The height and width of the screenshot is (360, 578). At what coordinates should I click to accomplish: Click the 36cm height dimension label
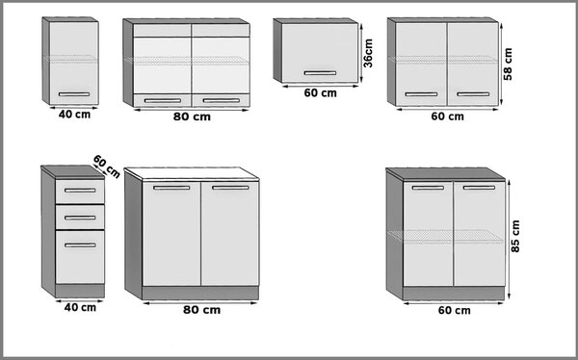(368, 54)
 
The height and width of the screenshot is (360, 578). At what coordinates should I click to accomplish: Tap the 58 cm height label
(508, 64)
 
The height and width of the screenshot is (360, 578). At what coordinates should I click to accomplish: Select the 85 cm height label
(515, 236)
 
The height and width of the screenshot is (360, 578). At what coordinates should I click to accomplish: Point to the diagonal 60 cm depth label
(107, 167)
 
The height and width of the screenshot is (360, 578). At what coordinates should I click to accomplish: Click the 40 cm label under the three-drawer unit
(80, 307)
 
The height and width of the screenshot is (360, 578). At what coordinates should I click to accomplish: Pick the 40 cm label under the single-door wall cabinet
(74, 115)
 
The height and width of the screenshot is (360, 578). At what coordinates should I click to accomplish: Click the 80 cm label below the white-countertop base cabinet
(201, 310)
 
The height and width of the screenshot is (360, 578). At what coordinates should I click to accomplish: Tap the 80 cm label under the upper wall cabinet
(192, 116)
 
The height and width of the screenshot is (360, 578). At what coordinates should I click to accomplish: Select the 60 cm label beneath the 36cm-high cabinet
(321, 93)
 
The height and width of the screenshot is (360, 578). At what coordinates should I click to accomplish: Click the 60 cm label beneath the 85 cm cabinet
(454, 311)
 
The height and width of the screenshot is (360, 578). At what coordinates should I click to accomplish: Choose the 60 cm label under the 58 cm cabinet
(448, 116)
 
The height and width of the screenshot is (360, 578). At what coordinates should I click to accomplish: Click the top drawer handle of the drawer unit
(80, 191)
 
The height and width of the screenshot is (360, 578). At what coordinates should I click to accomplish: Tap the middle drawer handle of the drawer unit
(80, 218)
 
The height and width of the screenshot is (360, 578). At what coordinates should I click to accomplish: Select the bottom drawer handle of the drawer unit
(80, 245)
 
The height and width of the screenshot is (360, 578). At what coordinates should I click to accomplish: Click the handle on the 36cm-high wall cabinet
(320, 73)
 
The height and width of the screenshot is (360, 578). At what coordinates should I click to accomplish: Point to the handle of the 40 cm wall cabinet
(74, 94)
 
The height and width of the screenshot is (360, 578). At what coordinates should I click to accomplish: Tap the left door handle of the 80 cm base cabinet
(171, 188)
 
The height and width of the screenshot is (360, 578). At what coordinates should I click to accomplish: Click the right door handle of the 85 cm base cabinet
(479, 188)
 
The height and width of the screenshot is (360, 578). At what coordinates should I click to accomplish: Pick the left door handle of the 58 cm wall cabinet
(421, 94)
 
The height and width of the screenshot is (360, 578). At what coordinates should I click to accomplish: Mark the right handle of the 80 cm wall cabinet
(222, 101)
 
